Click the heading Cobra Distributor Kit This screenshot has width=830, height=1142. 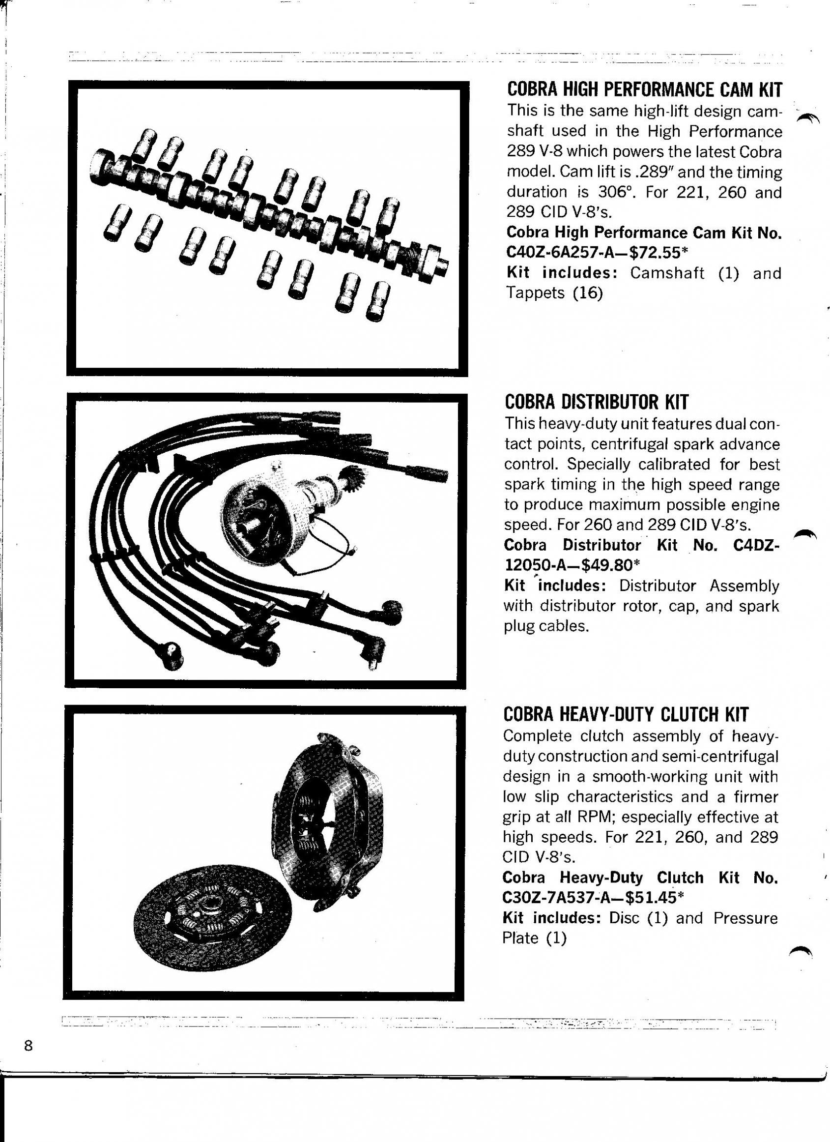point(596,402)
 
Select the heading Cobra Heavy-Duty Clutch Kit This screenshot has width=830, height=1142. point(626,714)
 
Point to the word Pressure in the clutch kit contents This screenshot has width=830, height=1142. point(745,918)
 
